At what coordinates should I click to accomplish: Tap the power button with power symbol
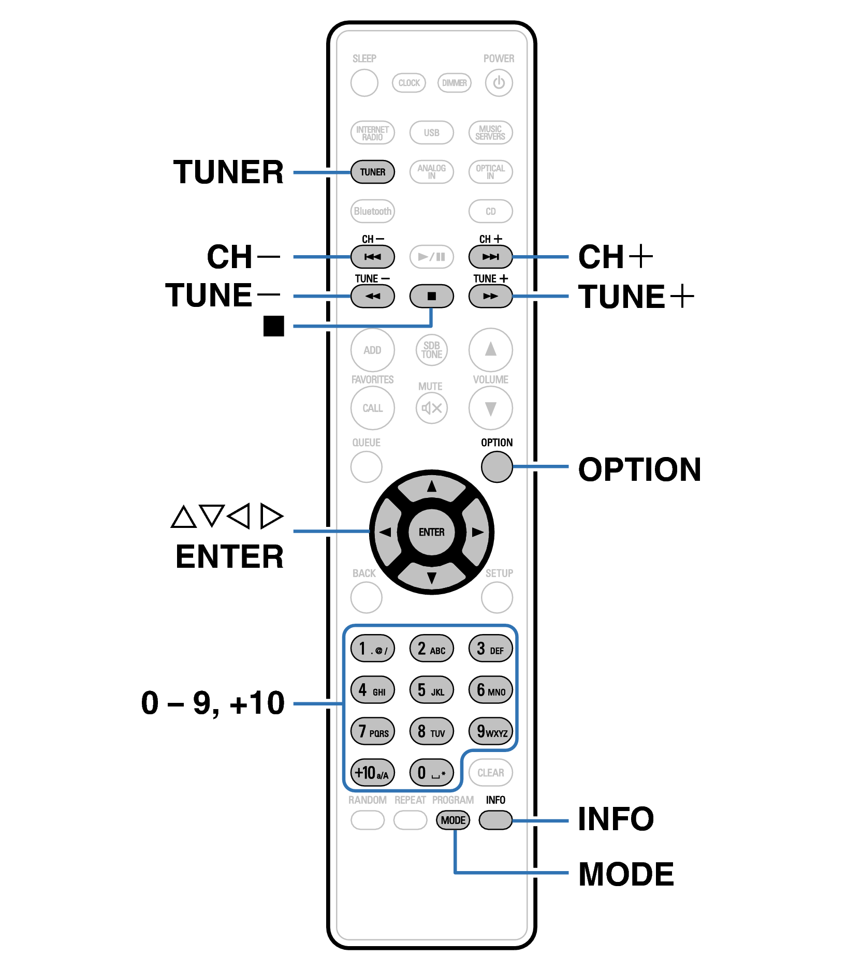499,83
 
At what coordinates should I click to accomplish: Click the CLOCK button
409,83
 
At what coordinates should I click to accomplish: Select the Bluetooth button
372,211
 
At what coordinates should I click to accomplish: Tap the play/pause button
431,257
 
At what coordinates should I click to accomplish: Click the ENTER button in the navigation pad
431,532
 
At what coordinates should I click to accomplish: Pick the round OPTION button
496,467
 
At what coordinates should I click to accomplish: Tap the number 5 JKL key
431,690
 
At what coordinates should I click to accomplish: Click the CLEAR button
490,773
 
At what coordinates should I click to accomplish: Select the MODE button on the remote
453,820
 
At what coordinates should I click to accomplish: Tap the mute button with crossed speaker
431,408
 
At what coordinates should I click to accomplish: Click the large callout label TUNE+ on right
636,297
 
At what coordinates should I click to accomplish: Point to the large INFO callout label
616,819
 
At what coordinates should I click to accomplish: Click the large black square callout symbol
274,326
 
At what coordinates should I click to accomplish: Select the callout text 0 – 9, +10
213,703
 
